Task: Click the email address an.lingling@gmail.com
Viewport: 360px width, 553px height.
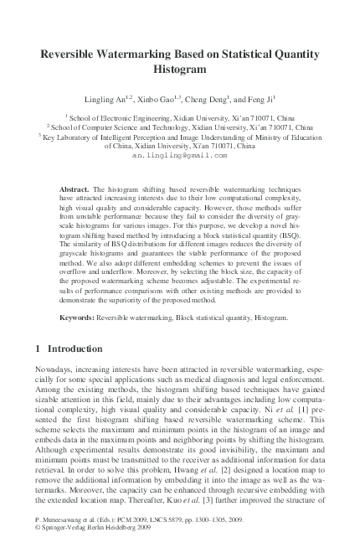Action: (180, 155)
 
